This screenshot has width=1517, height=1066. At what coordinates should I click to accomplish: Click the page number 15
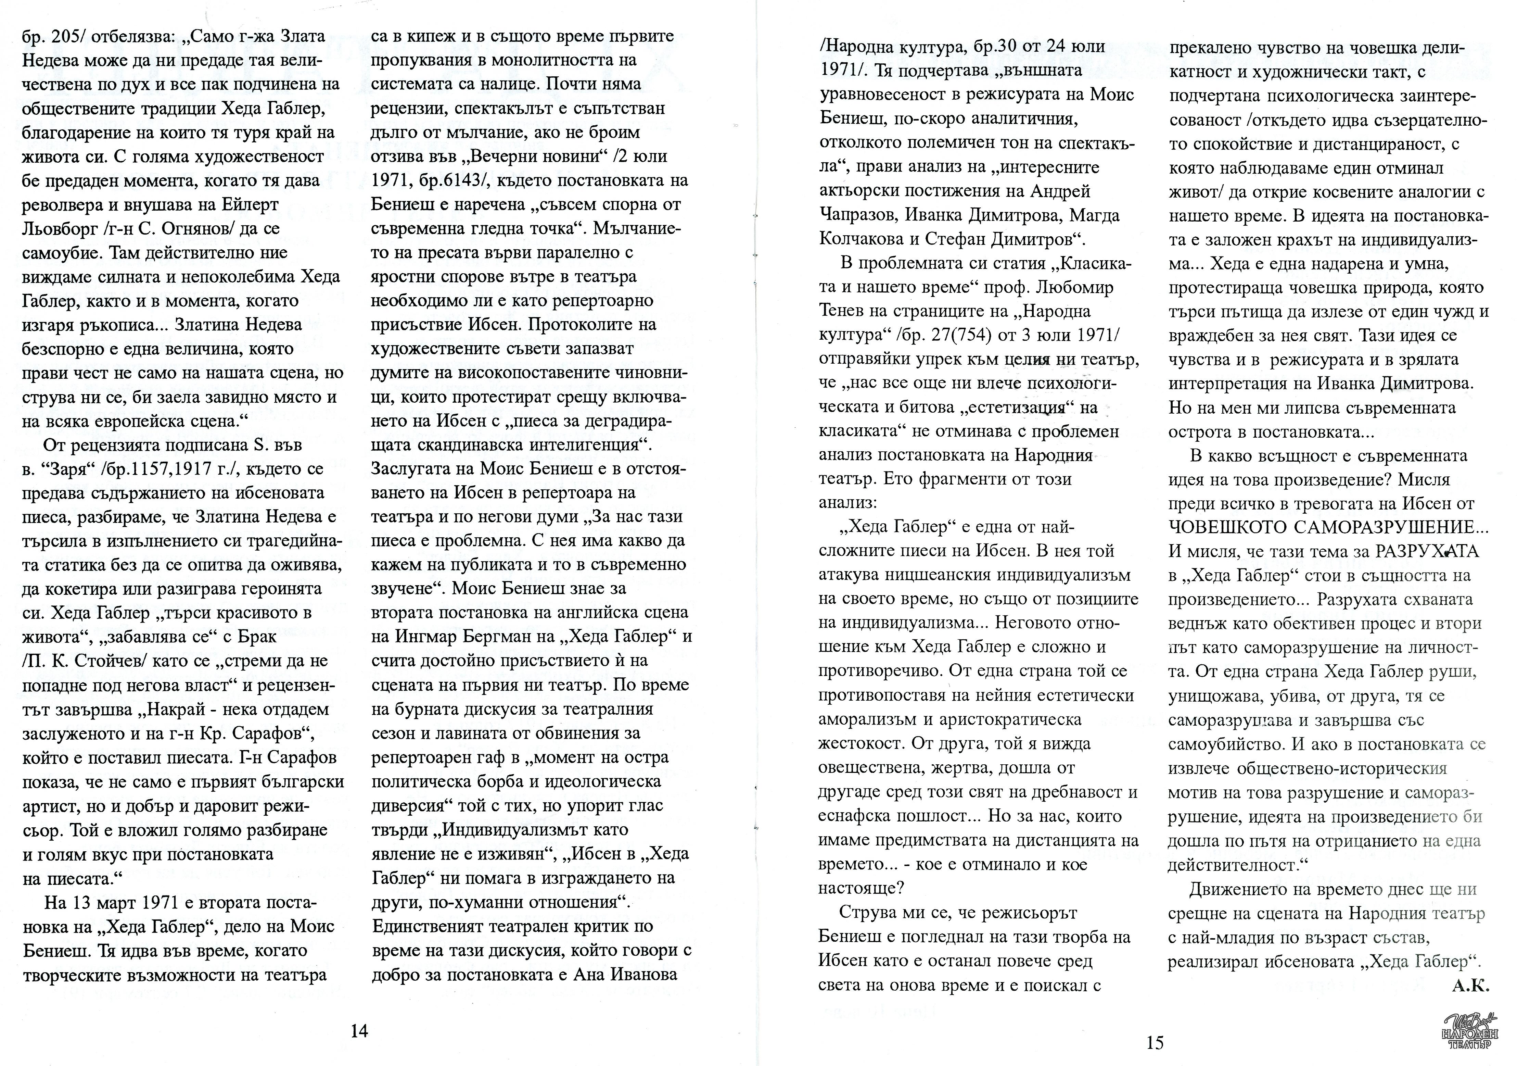click(x=1154, y=1043)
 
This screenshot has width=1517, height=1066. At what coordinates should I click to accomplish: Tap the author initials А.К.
click(x=1470, y=986)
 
